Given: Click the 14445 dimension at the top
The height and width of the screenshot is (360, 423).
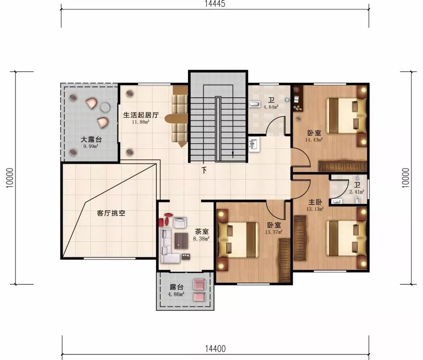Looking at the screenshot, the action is tap(215, 4).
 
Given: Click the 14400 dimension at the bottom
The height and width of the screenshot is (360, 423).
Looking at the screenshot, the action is tap(215, 349).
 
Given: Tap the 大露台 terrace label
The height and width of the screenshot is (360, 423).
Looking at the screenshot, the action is tap(91, 140).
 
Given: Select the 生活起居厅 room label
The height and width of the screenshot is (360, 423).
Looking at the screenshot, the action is tap(141, 115).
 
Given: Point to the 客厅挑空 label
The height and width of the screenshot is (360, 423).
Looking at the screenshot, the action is tap(111, 213).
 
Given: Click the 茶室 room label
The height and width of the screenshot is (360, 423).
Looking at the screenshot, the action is tap(202, 232).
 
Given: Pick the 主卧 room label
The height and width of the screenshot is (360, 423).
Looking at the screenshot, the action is tap(315, 202).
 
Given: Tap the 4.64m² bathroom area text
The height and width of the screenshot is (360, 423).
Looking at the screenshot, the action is tap(271, 107).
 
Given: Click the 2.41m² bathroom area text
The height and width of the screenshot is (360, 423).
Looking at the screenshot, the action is tap(357, 192).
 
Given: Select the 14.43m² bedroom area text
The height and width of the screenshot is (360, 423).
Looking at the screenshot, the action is tap(314, 140).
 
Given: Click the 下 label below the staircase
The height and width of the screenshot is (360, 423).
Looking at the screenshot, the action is tap(204, 170).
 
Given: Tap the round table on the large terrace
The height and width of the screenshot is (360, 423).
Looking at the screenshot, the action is tap(105, 108).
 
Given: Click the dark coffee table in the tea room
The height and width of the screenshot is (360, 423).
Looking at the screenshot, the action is tap(181, 241).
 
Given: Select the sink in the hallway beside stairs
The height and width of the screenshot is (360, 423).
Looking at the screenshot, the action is tap(253, 145).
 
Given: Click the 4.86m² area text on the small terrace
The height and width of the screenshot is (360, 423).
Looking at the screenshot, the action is tap(176, 294).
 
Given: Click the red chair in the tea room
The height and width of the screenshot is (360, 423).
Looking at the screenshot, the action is tap(161, 222).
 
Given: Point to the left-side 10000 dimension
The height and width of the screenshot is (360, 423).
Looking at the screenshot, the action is tap(10, 178).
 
